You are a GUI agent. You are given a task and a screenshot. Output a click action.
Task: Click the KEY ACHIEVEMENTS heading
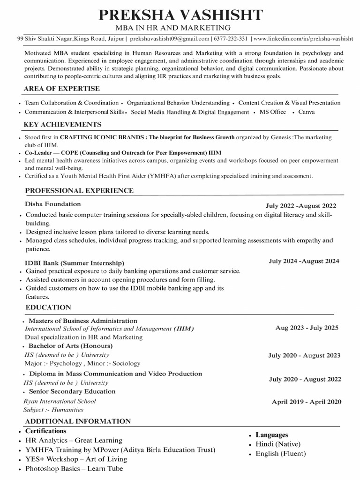63,125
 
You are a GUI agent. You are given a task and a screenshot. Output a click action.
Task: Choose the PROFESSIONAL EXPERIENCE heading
79,190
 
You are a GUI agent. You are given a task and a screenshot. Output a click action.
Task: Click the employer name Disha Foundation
53,204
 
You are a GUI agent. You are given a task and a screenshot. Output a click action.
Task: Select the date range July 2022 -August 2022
300,206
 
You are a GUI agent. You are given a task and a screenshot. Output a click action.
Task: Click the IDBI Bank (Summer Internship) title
75,262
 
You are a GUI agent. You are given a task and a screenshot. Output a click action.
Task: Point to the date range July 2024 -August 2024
304,261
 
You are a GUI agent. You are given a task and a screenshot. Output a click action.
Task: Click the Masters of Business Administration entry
83,321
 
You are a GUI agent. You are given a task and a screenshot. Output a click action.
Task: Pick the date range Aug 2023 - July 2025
307,328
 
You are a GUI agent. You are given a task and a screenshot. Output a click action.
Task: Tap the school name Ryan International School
60,401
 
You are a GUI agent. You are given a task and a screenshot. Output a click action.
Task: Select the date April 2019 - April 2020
307,402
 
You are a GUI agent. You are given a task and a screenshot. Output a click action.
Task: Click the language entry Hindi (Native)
278,444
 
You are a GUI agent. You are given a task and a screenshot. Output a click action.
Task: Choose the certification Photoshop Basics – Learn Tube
74,469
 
